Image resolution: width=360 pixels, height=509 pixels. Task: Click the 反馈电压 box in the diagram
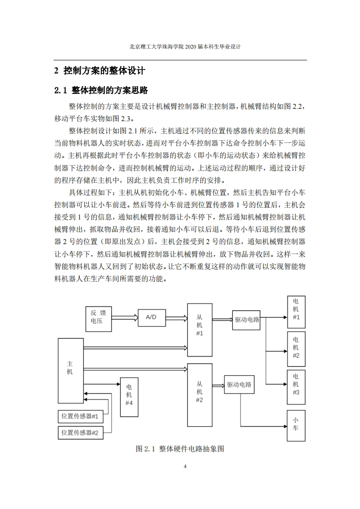(99, 319)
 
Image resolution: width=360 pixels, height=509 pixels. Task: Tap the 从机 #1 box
(200, 330)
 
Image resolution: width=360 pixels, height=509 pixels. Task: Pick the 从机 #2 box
(200, 395)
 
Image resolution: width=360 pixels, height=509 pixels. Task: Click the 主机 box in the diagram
(71, 371)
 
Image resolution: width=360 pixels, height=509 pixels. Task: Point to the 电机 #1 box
(296, 312)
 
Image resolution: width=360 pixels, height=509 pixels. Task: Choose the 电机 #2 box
(296, 349)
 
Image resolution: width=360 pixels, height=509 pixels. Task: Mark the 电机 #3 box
(296, 387)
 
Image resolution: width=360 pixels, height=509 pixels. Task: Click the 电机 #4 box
(129, 397)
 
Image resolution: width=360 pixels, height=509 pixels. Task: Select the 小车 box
(296, 426)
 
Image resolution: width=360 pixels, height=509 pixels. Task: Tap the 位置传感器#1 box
(80, 416)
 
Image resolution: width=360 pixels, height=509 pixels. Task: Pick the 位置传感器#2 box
(80, 433)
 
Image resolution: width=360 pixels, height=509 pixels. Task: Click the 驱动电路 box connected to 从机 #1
(247, 320)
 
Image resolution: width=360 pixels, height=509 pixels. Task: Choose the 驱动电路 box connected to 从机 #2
(239, 385)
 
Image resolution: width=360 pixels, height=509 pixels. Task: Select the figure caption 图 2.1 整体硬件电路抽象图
(180, 449)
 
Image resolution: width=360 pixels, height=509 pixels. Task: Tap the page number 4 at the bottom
(185, 466)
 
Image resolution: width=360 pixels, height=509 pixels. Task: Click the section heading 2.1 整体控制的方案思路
(101, 90)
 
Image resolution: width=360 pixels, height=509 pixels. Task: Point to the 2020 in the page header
(191, 47)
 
